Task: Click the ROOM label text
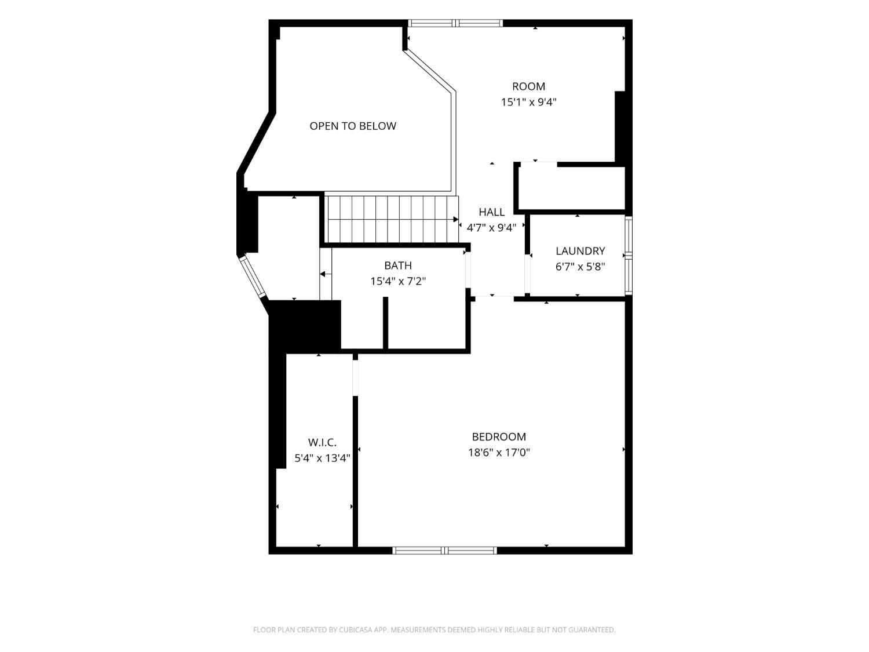click(528, 86)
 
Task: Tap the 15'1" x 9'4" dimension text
click(528, 102)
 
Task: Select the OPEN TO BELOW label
click(352, 126)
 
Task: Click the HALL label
click(491, 212)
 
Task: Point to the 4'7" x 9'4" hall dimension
click(491, 228)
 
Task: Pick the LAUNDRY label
click(580, 251)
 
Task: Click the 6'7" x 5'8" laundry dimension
click(580, 267)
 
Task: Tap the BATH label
click(398, 265)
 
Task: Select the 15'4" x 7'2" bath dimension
click(398, 282)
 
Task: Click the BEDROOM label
click(499, 436)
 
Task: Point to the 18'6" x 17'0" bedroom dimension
click(499, 453)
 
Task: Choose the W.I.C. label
click(322, 442)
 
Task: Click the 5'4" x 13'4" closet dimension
click(322, 458)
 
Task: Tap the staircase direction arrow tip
click(458, 219)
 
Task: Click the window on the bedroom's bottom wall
click(444, 550)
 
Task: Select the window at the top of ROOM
click(455, 23)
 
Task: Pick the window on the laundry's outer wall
click(629, 256)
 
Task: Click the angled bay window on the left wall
click(253, 276)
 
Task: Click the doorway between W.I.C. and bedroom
click(355, 378)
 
